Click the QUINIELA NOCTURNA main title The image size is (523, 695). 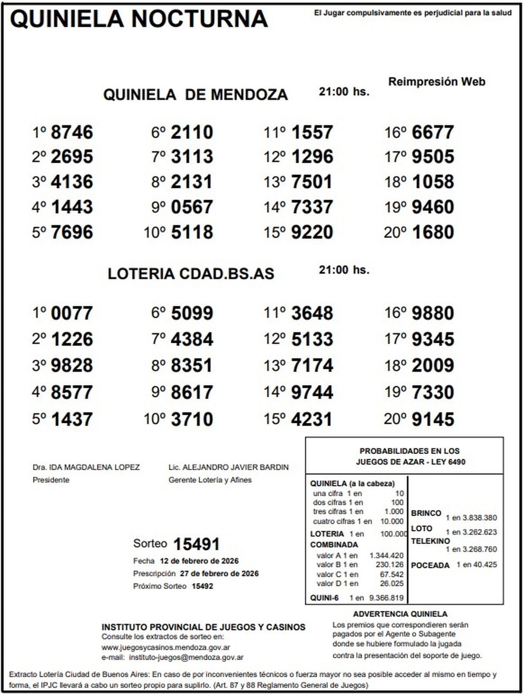139,19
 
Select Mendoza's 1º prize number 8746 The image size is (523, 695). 72,132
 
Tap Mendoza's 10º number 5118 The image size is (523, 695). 192,232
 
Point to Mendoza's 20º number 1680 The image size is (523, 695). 433,232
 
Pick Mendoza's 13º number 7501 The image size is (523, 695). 312,182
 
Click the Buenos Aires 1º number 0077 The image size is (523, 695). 72,313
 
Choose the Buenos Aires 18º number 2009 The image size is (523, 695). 433,365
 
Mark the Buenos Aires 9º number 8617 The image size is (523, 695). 192,392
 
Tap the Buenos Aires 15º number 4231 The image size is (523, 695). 312,419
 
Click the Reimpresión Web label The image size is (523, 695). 436,82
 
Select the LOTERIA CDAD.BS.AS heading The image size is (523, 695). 191,273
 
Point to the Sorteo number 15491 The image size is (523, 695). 196,544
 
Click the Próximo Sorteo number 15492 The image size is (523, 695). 202,586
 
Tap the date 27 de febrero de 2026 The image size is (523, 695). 219,573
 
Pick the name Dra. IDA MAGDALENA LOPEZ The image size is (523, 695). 86,467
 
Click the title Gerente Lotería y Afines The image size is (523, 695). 210,480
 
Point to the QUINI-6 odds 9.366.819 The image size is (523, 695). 386,598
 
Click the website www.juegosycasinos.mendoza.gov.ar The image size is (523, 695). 166,647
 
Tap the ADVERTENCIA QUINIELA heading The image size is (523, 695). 400,614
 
